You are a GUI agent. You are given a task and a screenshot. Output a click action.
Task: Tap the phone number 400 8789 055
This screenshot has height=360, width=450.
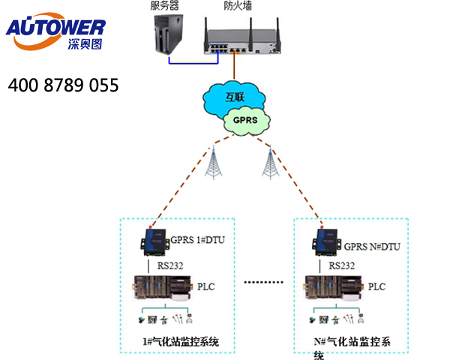[64, 85]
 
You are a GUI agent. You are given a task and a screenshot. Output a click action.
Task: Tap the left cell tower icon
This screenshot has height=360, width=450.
[215, 160]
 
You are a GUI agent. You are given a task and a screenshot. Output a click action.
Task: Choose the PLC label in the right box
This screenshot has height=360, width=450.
[377, 286]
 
